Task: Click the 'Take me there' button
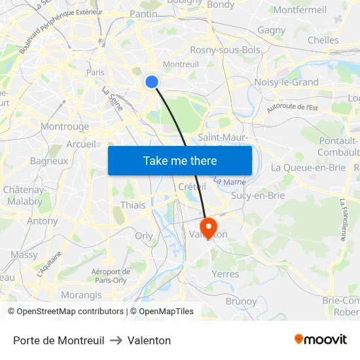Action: point(180,160)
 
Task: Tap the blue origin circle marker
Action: point(151,81)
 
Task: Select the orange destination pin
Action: point(209,228)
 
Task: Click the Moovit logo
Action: point(320,340)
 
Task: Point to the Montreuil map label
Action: point(181,64)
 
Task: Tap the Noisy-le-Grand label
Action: point(286,82)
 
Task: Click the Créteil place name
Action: point(192,187)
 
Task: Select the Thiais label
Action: point(133,206)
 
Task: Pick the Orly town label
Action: point(143,236)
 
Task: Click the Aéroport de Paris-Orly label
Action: point(111,276)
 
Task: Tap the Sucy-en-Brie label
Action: point(258,195)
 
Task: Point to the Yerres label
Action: point(226,274)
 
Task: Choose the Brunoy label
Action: point(241,301)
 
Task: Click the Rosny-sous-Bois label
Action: point(225,50)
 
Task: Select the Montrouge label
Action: point(65,126)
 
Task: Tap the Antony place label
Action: point(43,221)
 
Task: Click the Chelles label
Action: point(323,40)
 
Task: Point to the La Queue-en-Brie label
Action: point(308,168)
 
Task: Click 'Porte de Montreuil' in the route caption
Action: point(58,340)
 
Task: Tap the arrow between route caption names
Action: point(116,340)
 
